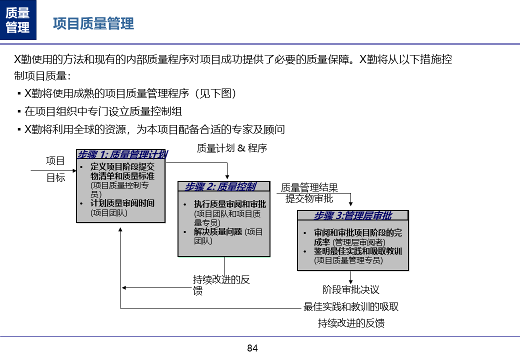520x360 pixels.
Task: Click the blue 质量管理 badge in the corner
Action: click(18, 20)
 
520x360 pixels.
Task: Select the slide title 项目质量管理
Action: click(93, 23)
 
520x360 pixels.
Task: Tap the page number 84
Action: click(252, 348)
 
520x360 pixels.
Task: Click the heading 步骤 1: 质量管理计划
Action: click(121, 154)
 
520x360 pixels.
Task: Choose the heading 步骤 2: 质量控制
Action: click(220, 186)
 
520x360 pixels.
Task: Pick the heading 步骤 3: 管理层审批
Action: click(352, 215)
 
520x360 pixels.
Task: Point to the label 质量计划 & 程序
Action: click(231, 148)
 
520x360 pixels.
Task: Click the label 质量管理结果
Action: click(309, 187)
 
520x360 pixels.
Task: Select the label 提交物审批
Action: click(309, 198)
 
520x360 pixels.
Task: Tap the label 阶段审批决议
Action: click(350, 289)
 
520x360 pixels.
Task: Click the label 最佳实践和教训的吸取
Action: click(351, 306)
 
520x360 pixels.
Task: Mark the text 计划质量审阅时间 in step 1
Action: click(122, 203)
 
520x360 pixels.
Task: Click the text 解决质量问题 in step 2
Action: click(218, 231)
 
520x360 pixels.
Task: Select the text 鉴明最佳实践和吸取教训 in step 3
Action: click(358, 251)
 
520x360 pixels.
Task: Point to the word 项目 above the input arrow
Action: click(55, 160)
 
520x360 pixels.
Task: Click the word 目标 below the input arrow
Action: click(55, 177)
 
